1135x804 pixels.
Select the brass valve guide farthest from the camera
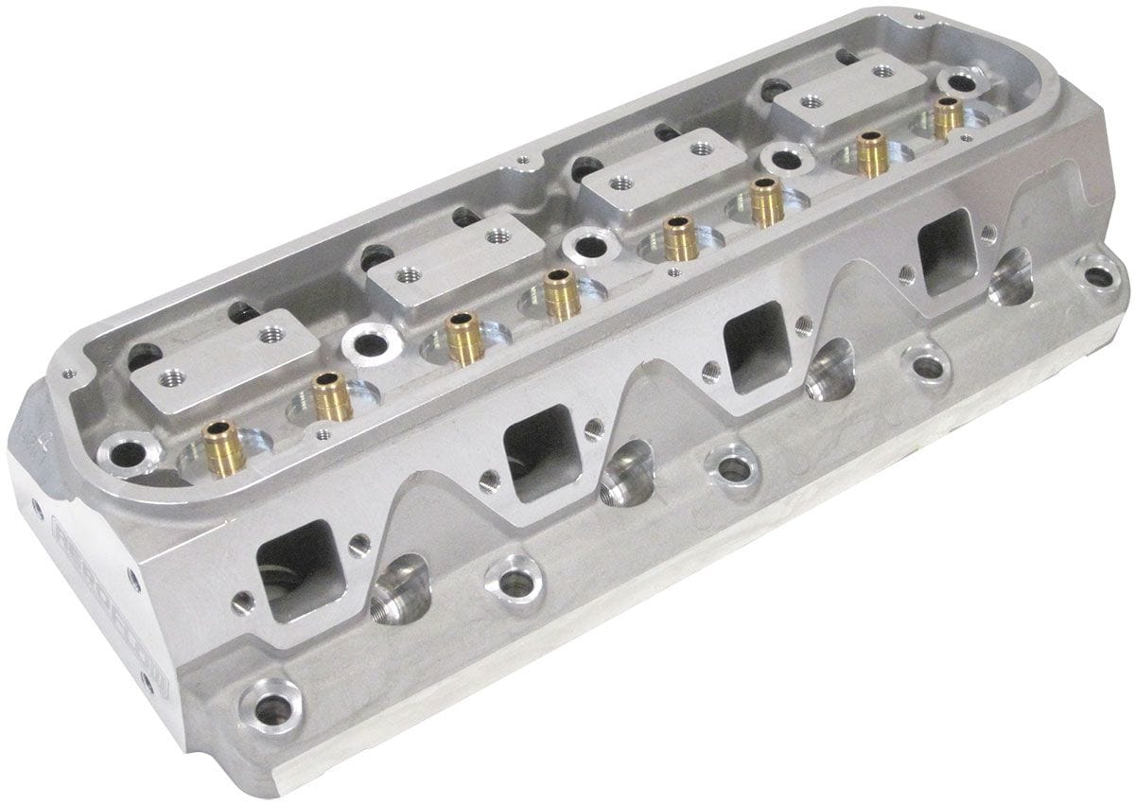pos(948,117)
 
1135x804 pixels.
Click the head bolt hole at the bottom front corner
pos(271,704)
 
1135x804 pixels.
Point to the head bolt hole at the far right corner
pos(1096,277)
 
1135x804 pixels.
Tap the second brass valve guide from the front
pos(332,395)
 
